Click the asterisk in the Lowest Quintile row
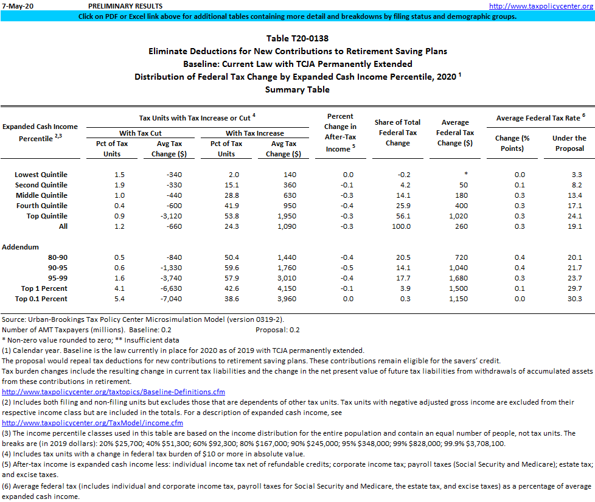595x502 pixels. (x=465, y=175)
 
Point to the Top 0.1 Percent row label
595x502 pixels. (x=44, y=299)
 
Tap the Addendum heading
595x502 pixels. (x=20, y=247)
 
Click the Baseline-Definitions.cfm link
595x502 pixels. (x=113, y=392)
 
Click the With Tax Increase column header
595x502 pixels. (x=254, y=133)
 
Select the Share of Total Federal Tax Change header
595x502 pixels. (x=397, y=133)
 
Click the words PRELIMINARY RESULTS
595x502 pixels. (x=125, y=6)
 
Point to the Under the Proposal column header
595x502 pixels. (x=569, y=143)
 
